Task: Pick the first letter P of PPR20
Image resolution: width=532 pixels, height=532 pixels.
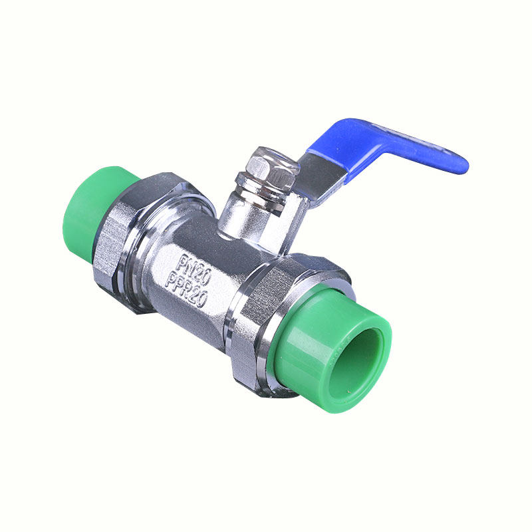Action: tap(172, 280)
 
